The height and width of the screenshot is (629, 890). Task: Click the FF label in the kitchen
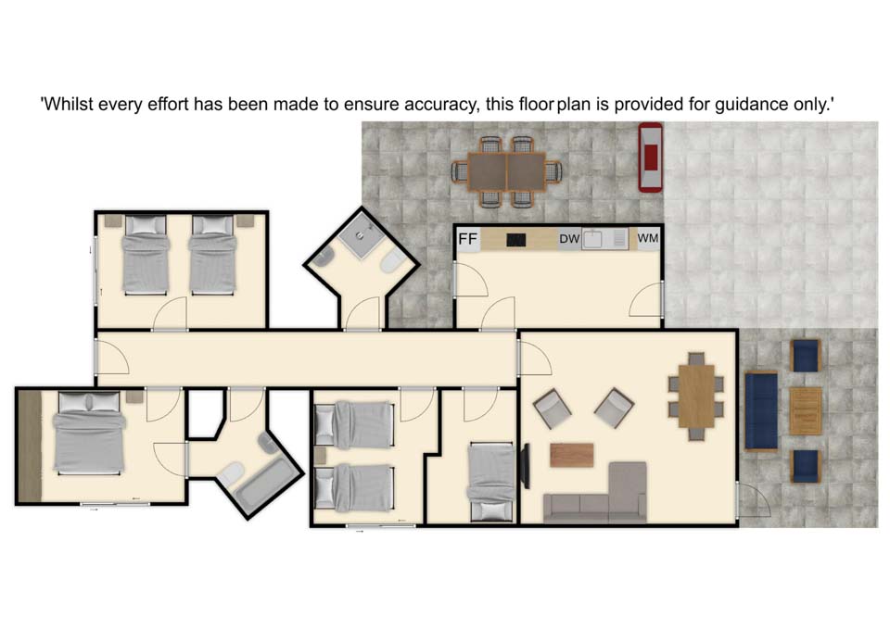tap(467, 239)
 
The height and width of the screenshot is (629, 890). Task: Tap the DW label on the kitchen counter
tap(569, 239)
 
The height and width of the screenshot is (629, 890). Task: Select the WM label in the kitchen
tap(648, 238)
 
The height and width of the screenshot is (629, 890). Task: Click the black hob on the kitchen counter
tap(515, 240)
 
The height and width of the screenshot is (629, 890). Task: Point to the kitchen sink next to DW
tap(592, 239)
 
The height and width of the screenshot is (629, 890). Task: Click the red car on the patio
tap(651, 157)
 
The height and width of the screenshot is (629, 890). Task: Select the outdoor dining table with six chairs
tap(507, 172)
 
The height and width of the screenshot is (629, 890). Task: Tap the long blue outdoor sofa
tap(761, 411)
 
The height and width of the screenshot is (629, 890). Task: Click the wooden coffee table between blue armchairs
tap(806, 411)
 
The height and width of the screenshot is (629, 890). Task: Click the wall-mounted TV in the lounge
tap(526, 466)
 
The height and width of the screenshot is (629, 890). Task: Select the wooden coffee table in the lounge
tap(572, 456)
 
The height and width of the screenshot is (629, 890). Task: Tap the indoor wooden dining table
tap(696, 396)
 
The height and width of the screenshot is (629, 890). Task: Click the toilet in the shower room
tap(391, 262)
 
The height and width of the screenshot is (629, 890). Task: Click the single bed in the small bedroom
tap(490, 483)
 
